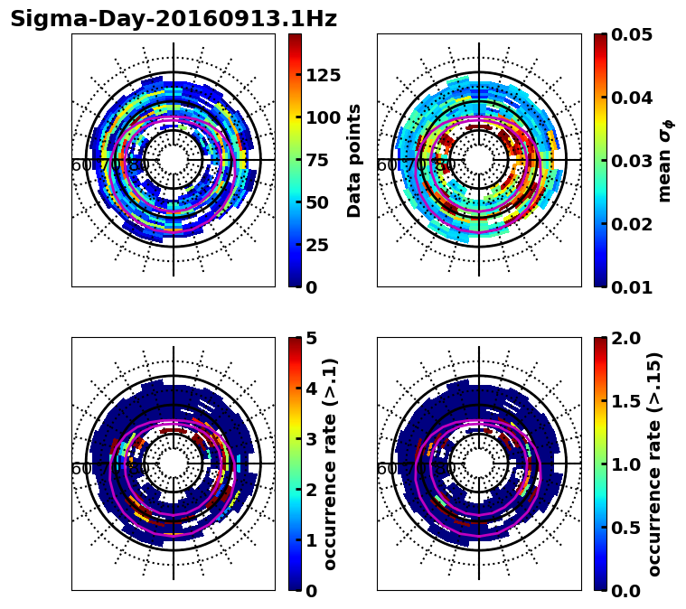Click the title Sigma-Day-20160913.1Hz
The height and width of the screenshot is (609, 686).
[174, 20]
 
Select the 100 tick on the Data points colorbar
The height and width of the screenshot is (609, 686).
[323, 117]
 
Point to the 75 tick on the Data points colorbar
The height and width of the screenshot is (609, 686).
[317, 160]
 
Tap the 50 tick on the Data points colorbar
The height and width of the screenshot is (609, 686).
[317, 202]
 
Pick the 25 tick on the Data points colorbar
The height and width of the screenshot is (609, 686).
[317, 245]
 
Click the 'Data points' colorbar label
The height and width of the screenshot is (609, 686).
[354, 160]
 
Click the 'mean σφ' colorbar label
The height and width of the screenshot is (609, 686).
[664, 160]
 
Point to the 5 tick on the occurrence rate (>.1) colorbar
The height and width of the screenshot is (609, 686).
[312, 338]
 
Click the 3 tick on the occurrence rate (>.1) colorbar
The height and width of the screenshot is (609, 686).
[312, 439]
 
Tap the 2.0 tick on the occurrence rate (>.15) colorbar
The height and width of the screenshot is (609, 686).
[625, 338]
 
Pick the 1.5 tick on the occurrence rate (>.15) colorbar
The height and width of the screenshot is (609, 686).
[625, 401]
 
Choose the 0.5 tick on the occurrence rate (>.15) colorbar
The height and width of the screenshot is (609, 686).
[625, 528]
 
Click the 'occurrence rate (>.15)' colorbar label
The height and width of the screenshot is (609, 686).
[654, 464]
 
